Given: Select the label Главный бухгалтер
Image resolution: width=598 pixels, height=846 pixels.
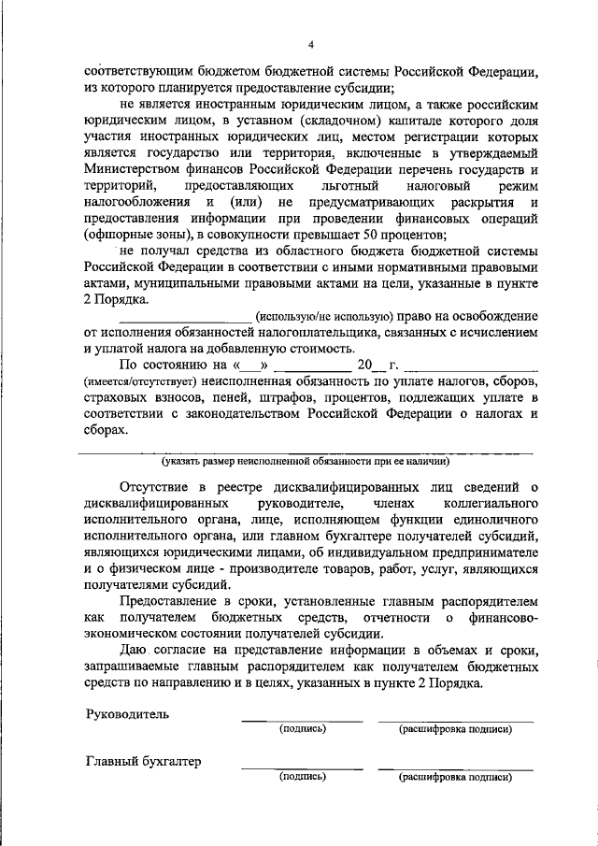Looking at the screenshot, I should [x=143, y=762].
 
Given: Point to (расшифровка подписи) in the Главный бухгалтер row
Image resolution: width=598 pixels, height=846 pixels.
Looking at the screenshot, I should [x=455, y=777].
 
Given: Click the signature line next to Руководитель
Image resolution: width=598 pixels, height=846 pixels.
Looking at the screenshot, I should [x=302, y=720].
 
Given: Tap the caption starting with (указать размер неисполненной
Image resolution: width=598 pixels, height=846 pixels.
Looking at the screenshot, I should [x=306, y=461].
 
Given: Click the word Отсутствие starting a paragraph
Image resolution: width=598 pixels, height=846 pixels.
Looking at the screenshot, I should [x=155, y=487].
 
